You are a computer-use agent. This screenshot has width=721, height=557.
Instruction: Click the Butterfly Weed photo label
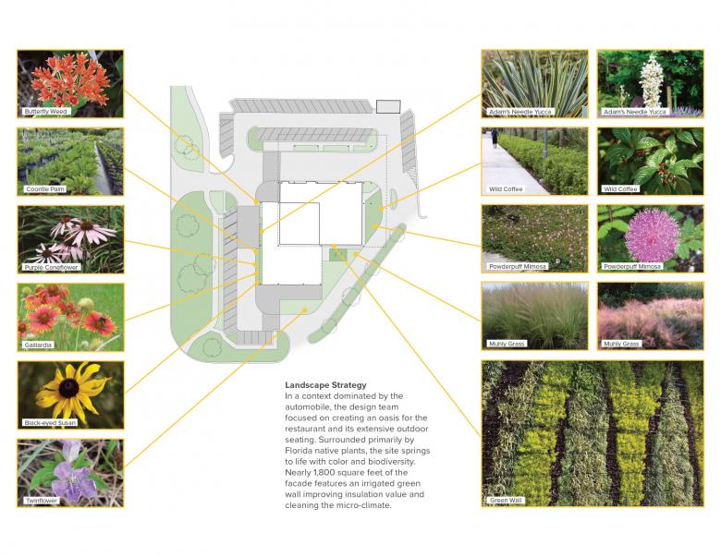click(45, 111)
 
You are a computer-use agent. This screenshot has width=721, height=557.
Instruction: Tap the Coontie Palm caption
click(45, 188)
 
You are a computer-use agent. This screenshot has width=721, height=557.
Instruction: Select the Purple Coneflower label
click(51, 267)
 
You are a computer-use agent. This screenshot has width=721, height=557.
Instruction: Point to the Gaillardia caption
click(38, 345)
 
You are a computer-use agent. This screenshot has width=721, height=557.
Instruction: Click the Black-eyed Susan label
click(50, 422)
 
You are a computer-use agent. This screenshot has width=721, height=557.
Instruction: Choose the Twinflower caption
click(42, 501)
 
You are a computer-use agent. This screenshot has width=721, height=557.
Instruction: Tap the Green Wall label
click(506, 501)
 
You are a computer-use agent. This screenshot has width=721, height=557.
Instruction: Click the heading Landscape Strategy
click(325, 385)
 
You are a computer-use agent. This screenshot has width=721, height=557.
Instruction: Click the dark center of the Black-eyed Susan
click(69, 388)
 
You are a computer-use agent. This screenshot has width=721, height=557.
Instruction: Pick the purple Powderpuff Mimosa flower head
click(653, 236)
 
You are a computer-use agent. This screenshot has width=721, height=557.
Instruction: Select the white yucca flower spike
click(650, 82)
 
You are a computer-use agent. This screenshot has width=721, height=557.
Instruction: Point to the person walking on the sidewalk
click(495, 138)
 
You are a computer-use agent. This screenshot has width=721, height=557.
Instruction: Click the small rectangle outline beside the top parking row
click(388, 106)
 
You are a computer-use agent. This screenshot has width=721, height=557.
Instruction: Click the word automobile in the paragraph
click(307, 407)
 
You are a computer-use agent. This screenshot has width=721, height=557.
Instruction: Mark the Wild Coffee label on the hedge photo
click(506, 188)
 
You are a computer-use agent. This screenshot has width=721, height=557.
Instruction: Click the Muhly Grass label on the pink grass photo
click(621, 344)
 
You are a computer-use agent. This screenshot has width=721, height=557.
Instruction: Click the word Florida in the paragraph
click(298, 451)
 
